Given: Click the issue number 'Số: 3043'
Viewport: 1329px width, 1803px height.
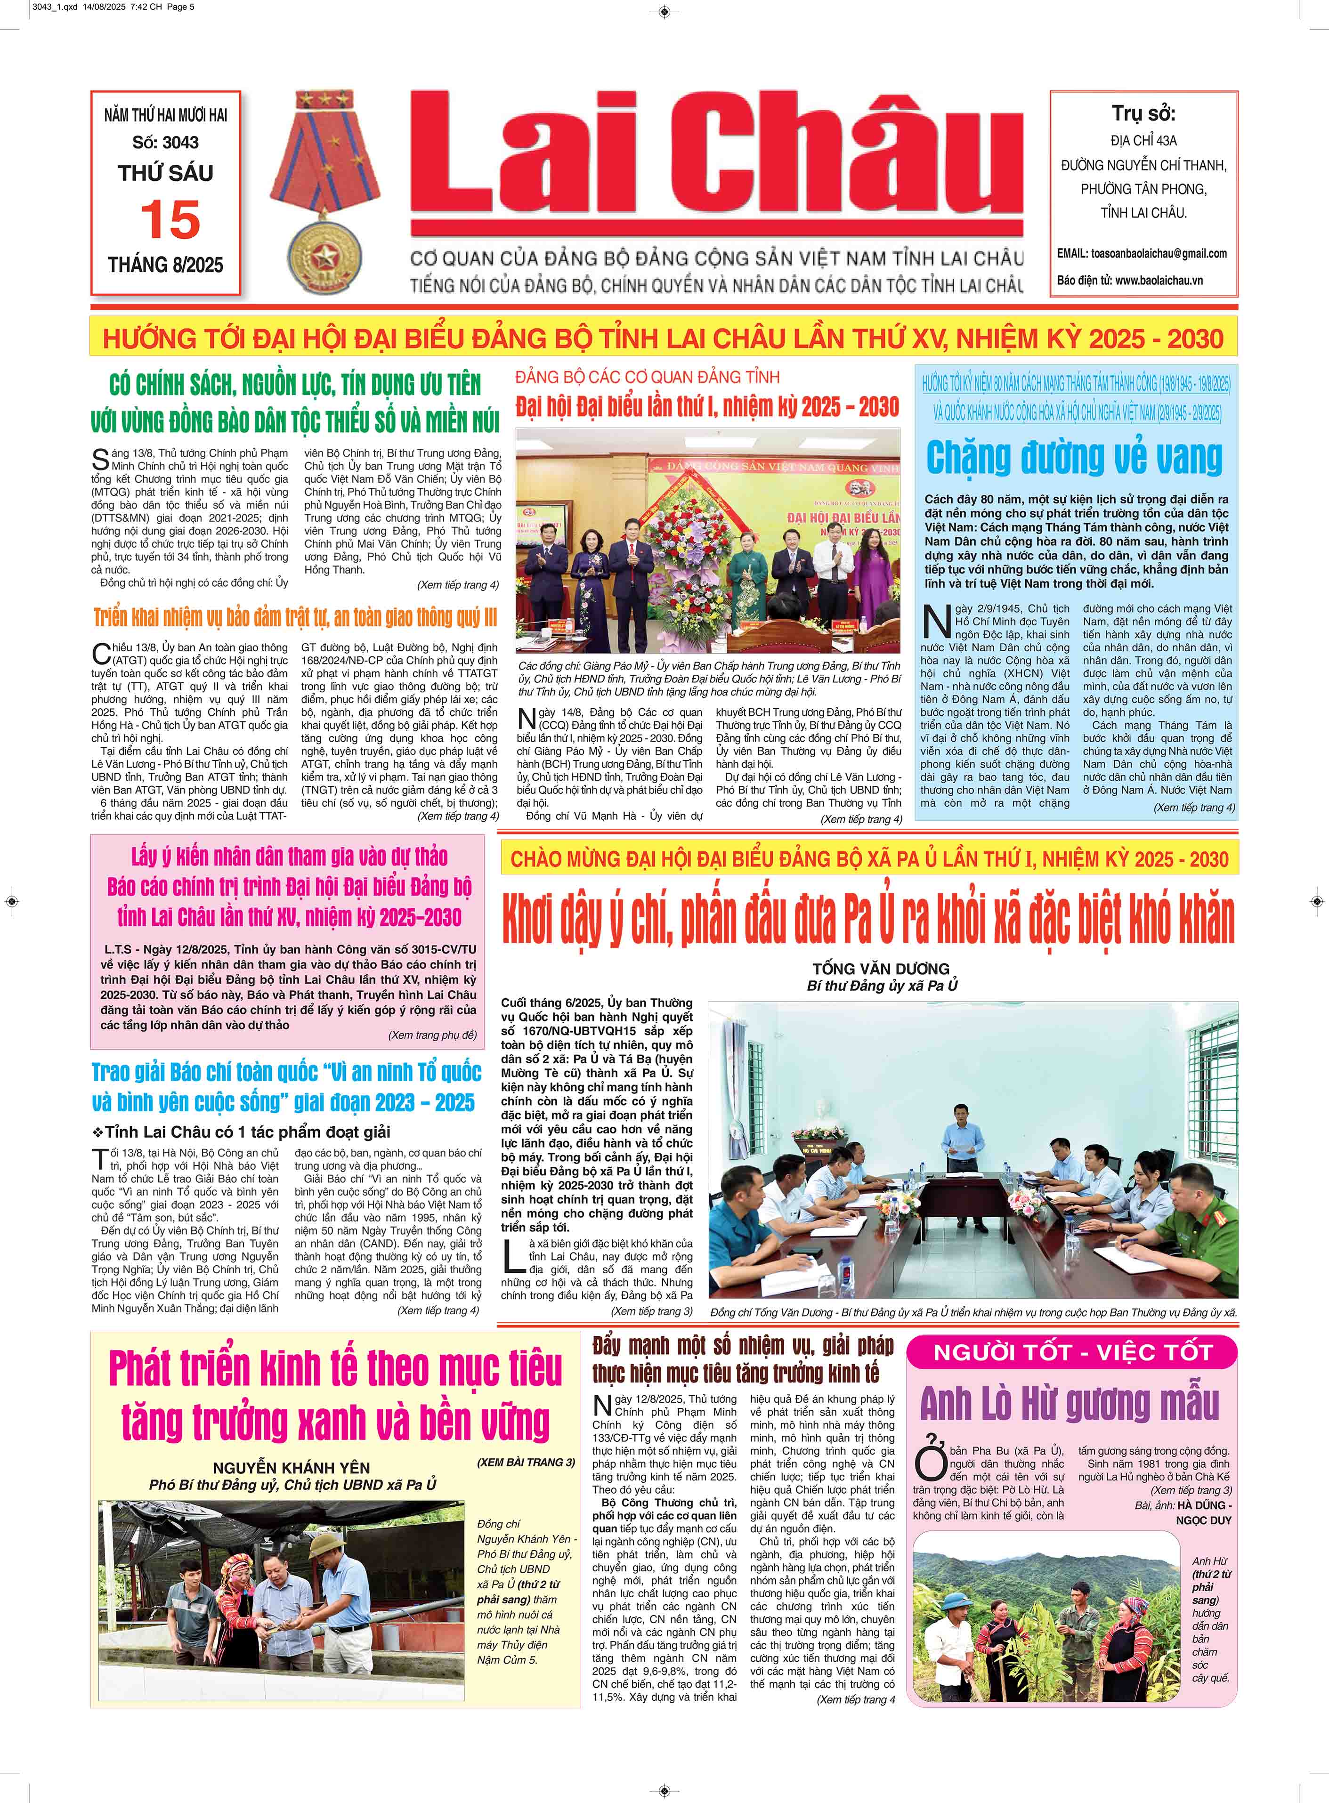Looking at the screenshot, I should [x=166, y=142].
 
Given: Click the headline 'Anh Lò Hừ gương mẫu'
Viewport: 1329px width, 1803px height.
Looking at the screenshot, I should [x=1070, y=1403].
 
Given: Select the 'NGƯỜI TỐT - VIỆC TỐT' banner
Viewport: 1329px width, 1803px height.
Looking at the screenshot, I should [x=1071, y=1352].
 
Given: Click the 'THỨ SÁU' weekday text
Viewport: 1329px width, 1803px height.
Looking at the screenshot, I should [x=166, y=173].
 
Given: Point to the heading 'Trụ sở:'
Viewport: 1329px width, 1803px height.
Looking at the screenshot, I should [x=1143, y=113].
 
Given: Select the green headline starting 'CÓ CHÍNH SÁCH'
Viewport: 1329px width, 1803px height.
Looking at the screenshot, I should [x=295, y=403].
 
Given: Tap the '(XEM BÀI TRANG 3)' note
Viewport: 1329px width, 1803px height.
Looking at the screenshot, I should [x=525, y=1462].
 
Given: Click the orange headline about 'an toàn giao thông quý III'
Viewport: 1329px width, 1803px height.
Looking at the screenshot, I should [x=295, y=618].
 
